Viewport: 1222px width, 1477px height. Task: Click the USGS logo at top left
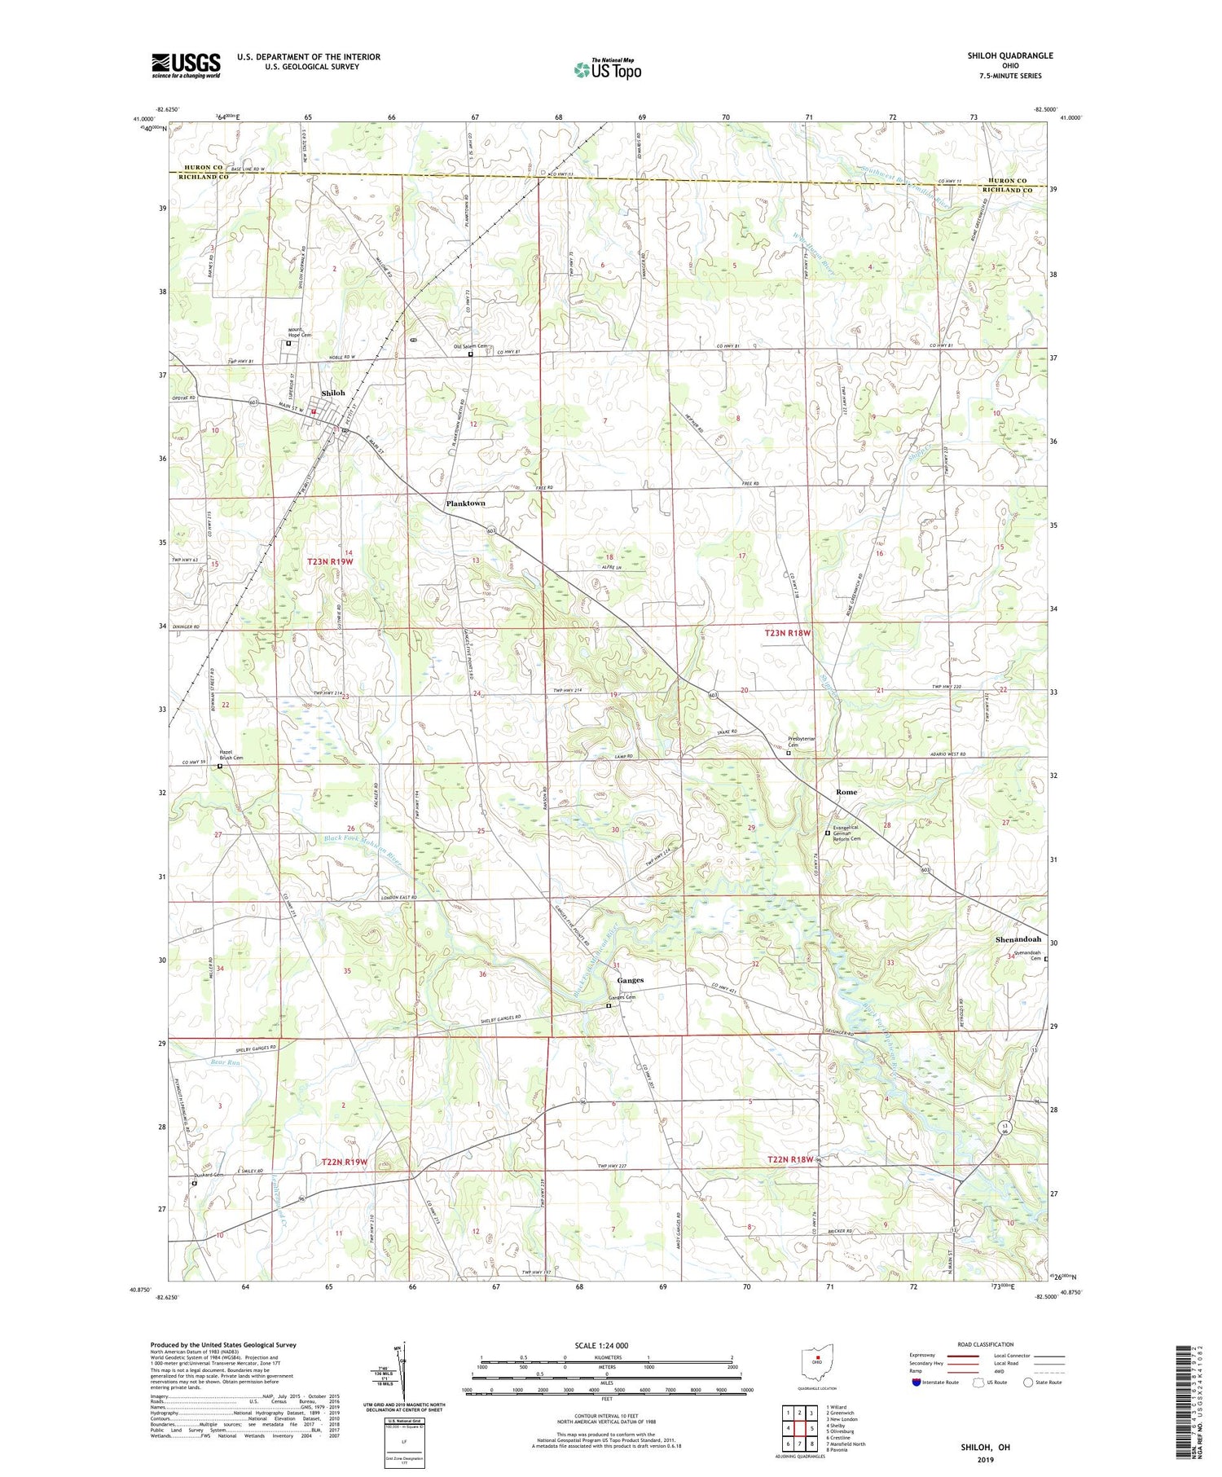coord(186,65)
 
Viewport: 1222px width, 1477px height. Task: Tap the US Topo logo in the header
coord(607,70)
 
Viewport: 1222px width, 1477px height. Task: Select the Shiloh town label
coord(333,393)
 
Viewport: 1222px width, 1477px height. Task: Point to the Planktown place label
coord(465,503)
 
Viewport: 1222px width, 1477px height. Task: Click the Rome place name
coord(846,792)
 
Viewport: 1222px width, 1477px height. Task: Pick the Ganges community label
coord(630,980)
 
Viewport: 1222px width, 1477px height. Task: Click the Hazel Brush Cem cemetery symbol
coord(220,767)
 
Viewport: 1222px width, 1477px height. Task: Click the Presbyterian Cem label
coord(801,742)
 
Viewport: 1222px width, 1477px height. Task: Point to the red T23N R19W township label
coord(330,562)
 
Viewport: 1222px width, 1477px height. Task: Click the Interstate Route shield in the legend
coord(916,1382)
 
